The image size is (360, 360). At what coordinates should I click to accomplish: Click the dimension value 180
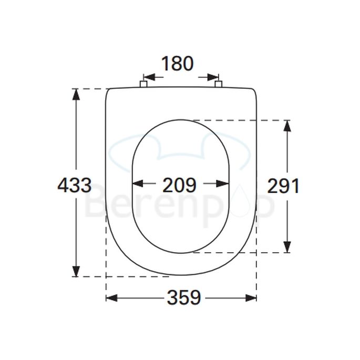pos(177,64)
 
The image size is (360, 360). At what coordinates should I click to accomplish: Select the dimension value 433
pos(74,185)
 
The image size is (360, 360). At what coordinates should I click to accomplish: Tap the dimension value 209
pos(179,185)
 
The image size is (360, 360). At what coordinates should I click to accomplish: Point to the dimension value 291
pos(283,186)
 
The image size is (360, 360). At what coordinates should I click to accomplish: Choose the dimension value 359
pos(184,298)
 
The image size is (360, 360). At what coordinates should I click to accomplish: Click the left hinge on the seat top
pos(143,84)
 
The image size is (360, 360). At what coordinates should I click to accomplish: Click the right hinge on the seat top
pos(219,84)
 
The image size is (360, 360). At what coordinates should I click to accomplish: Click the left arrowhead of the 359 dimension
pos(110,298)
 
